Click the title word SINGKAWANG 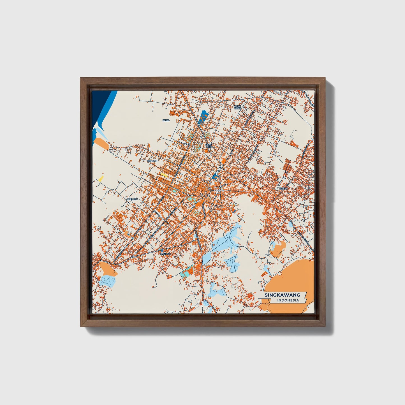pyautogui.click(x=282, y=295)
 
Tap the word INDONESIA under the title pyautogui.click(x=288, y=300)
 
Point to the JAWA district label pyautogui.click(x=166, y=120)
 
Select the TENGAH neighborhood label pyautogui.click(x=152, y=161)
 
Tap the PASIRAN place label pyautogui.click(x=165, y=254)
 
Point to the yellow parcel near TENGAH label pyautogui.click(x=164, y=175)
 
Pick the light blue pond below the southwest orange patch pyautogui.click(x=108, y=280)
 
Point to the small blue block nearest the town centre pyautogui.click(x=215, y=176)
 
